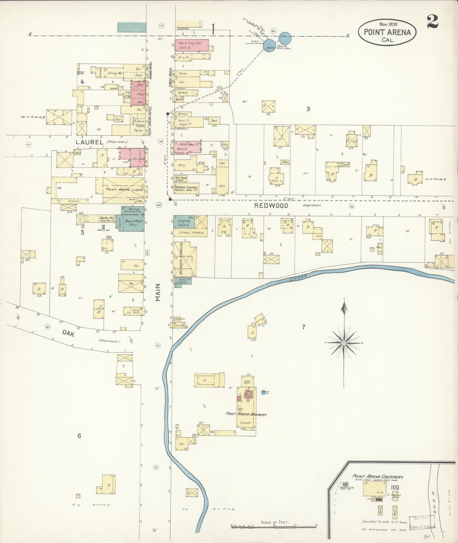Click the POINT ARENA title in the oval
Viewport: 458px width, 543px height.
pos(387,32)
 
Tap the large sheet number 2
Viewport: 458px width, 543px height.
pos(432,22)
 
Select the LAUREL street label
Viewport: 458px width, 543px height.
pos(89,142)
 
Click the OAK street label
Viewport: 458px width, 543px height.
pos(68,332)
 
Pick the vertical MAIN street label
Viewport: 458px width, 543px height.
pos(158,292)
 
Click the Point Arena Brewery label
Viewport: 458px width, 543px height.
pos(246,414)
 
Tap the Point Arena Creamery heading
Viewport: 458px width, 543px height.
pos(378,476)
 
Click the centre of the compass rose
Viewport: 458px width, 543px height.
pos(344,343)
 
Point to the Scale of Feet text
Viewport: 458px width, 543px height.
pos(275,522)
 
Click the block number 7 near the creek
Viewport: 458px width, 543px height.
pos(303,327)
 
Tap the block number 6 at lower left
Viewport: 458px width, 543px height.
pos(79,436)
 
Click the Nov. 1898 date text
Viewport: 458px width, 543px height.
pos(388,24)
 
